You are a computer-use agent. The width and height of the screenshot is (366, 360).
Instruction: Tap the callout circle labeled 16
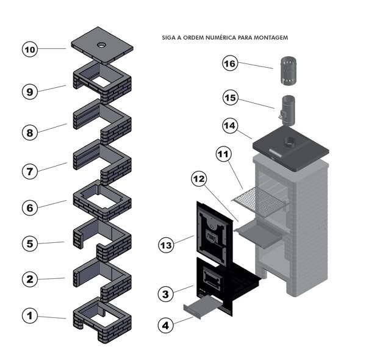[229, 63]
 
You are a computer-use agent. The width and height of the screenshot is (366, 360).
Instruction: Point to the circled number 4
[165, 325]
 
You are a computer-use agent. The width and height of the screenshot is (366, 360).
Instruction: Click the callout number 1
[29, 316]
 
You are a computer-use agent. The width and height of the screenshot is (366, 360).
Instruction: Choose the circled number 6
[29, 207]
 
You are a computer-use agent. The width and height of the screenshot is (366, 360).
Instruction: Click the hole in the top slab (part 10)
[101, 46]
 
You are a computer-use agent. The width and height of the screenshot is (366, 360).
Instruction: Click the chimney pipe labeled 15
[287, 110]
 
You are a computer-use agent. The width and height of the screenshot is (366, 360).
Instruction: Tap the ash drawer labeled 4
[198, 305]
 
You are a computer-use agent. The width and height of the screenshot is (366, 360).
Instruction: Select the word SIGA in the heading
[168, 37]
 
